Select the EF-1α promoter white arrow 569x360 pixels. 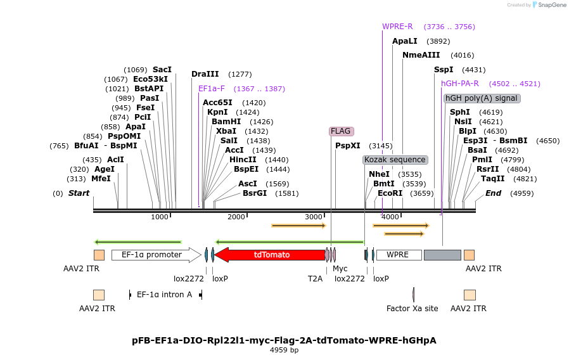pyautogui.click(x=156, y=255)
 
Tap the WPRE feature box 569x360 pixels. pyautogui.click(x=398, y=255)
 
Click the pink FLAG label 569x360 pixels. pyautogui.click(x=340, y=131)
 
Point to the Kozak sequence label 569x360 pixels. pyautogui.click(x=395, y=160)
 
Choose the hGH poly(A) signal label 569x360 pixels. pyautogui.click(x=481, y=98)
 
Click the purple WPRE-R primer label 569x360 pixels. pyautogui.click(x=397, y=27)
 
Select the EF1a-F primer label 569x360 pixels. pyautogui.click(x=212, y=89)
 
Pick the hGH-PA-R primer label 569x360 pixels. pyautogui.click(x=460, y=83)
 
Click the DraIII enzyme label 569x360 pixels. pyautogui.click(x=205, y=74)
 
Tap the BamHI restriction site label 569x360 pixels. pyautogui.click(x=226, y=122)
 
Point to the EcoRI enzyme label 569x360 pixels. pyautogui.click(x=390, y=193)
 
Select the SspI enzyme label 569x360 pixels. pyautogui.click(x=444, y=70)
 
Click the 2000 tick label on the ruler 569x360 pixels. pyautogui.click(x=236, y=217)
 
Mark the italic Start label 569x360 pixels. pyautogui.click(x=79, y=193)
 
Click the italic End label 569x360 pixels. pyautogui.click(x=493, y=193)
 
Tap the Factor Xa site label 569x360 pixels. pyautogui.click(x=412, y=309)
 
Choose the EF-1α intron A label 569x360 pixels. pyautogui.click(x=164, y=295)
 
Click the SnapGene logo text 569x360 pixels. pyautogui.click(x=549, y=5)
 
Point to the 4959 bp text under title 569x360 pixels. pyautogui.click(x=284, y=350)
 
